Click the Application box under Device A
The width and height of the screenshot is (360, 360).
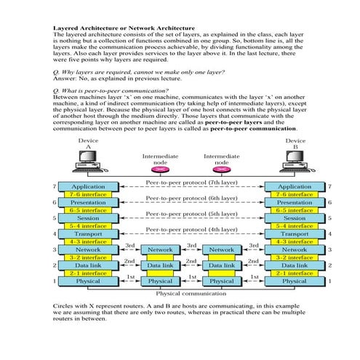click(88, 187)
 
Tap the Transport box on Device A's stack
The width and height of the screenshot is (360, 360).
click(88, 234)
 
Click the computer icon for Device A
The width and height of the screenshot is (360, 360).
click(88, 161)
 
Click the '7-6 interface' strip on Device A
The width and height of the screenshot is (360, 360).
click(88, 195)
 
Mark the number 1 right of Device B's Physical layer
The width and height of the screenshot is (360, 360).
click(329, 281)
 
